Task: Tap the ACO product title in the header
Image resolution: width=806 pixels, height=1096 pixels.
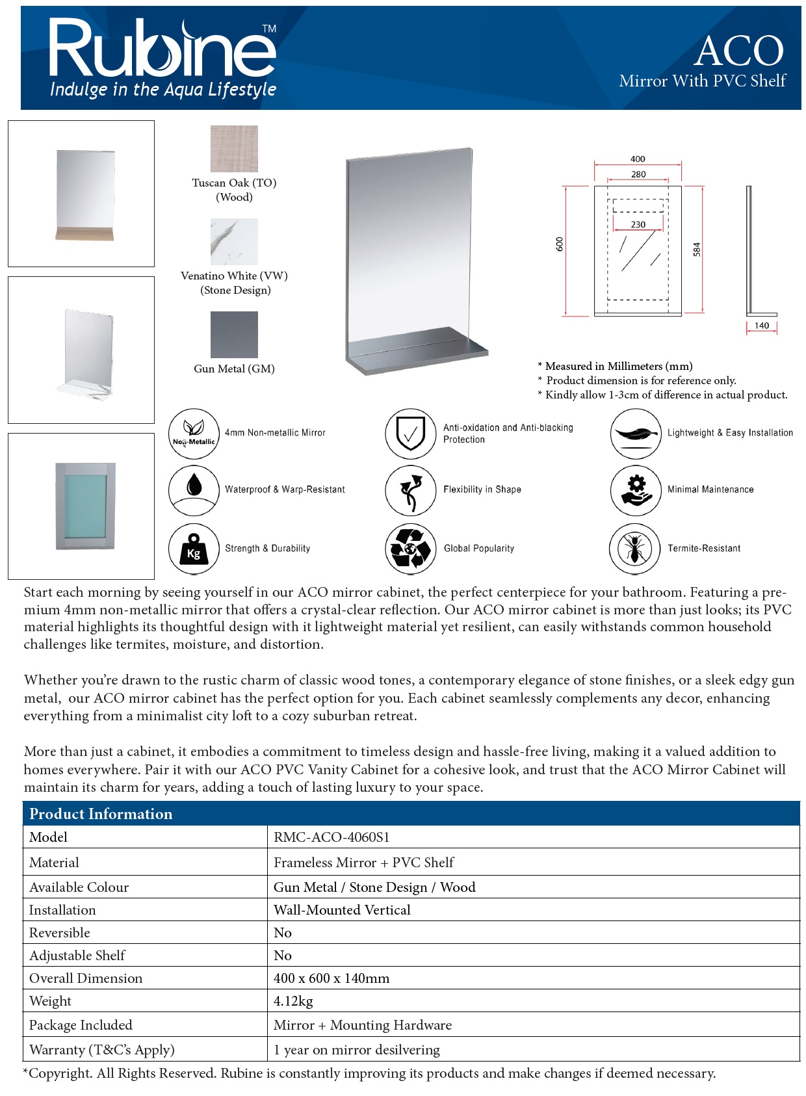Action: pos(738,51)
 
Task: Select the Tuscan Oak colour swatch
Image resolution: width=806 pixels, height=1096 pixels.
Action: pos(234,149)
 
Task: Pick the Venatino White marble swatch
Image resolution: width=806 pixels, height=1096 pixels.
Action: pos(234,242)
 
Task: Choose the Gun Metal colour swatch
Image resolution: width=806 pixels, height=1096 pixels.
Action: pos(234,335)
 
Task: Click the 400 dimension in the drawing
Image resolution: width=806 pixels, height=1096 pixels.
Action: pos(638,159)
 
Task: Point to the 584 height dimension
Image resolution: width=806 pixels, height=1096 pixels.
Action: pos(697,250)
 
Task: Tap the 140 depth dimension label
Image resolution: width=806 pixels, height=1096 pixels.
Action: pos(762,326)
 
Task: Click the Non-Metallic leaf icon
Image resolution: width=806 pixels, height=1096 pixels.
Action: pos(194,434)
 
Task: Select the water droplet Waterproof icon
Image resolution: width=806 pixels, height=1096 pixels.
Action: pos(194,490)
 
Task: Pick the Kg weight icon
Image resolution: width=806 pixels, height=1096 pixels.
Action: pos(194,549)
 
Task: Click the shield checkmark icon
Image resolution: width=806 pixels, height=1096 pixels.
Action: pos(410,434)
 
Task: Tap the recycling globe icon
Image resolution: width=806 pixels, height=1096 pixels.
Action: pos(410,549)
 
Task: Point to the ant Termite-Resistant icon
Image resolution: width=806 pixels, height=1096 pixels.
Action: pos(634,549)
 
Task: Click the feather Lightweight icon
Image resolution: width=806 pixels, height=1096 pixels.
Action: pos(635,434)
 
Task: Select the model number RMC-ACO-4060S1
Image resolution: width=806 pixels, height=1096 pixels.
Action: pos(331,837)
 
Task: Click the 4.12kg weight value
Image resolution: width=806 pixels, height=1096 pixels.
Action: pos(293,1001)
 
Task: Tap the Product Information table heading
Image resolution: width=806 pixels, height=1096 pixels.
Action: pos(101,814)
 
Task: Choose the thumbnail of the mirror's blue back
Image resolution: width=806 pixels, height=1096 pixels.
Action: pos(85,506)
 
